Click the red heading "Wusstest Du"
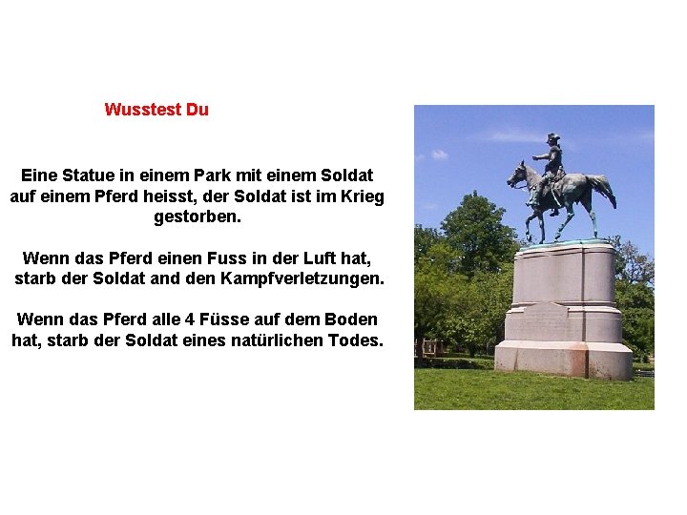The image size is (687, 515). click(x=156, y=110)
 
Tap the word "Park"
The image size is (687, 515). click(x=219, y=175)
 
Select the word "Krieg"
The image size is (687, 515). click(x=361, y=196)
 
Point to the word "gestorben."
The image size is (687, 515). click(x=198, y=217)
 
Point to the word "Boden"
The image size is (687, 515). click(x=352, y=319)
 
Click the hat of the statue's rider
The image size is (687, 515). click(x=552, y=137)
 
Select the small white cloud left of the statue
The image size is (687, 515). click(x=439, y=154)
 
